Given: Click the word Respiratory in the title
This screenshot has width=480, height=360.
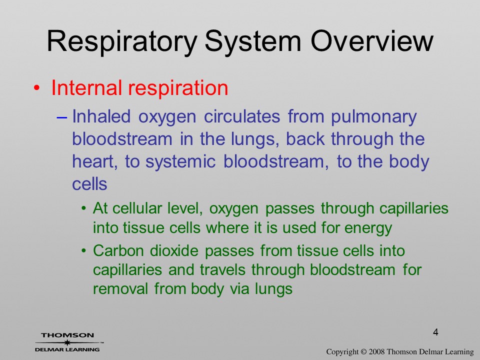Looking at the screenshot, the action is [x=121, y=42].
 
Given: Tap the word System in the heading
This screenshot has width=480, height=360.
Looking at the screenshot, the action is [x=253, y=42].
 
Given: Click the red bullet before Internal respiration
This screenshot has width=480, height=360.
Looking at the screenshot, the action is [x=36, y=88].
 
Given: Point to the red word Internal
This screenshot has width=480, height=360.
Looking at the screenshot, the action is [x=86, y=87].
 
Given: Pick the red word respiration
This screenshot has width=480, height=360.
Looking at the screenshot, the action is [x=178, y=88].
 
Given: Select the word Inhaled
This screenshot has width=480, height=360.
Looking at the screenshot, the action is [x=101, y=116].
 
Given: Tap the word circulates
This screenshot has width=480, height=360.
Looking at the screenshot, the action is [x=242, y=116].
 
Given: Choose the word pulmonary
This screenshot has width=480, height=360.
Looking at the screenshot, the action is [x=373, y=118].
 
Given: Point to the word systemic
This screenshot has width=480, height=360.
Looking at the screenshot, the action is [x=180, y=162].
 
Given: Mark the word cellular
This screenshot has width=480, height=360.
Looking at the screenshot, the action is [x=136, y=208].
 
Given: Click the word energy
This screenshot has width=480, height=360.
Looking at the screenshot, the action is [x=368, y=229].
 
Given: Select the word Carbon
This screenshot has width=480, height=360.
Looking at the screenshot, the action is [x=118, y=250].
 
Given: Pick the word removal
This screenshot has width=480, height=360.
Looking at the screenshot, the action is [x=120, y=288].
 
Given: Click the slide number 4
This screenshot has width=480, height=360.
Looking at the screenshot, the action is [x=435, y=332].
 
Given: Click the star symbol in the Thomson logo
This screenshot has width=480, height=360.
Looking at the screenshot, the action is [x=67, y=342].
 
